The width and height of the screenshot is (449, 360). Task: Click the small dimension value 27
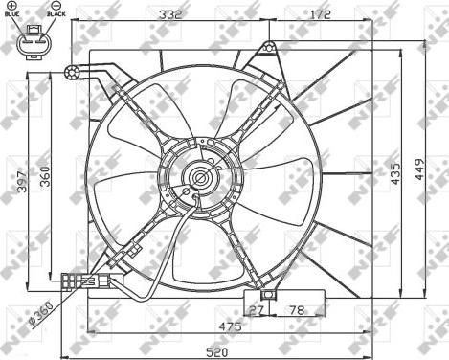pyautogui.click(x=256, y=310)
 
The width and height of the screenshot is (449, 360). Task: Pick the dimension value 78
pyautogui.click(x=297, y=310)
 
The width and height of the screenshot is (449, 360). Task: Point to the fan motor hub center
pyautogui.click(x=199, y=177)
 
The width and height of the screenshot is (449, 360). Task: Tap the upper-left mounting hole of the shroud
pyautogui.click(x=71, y=70)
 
